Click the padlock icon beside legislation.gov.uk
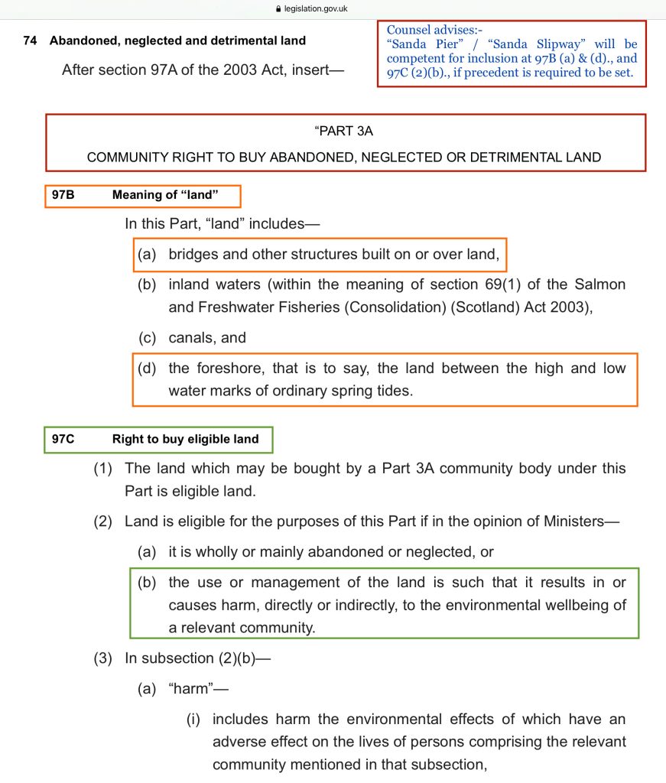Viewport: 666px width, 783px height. coord(278,8)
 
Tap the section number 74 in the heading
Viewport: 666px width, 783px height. coord(30,41)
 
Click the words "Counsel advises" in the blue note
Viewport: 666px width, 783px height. coord(430,30)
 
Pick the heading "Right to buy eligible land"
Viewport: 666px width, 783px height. coord(185,439)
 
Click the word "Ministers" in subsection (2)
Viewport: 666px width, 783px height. coord(577,521)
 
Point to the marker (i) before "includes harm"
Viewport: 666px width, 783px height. coord(194,719)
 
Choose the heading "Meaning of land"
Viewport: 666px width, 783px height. coord(165,195)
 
